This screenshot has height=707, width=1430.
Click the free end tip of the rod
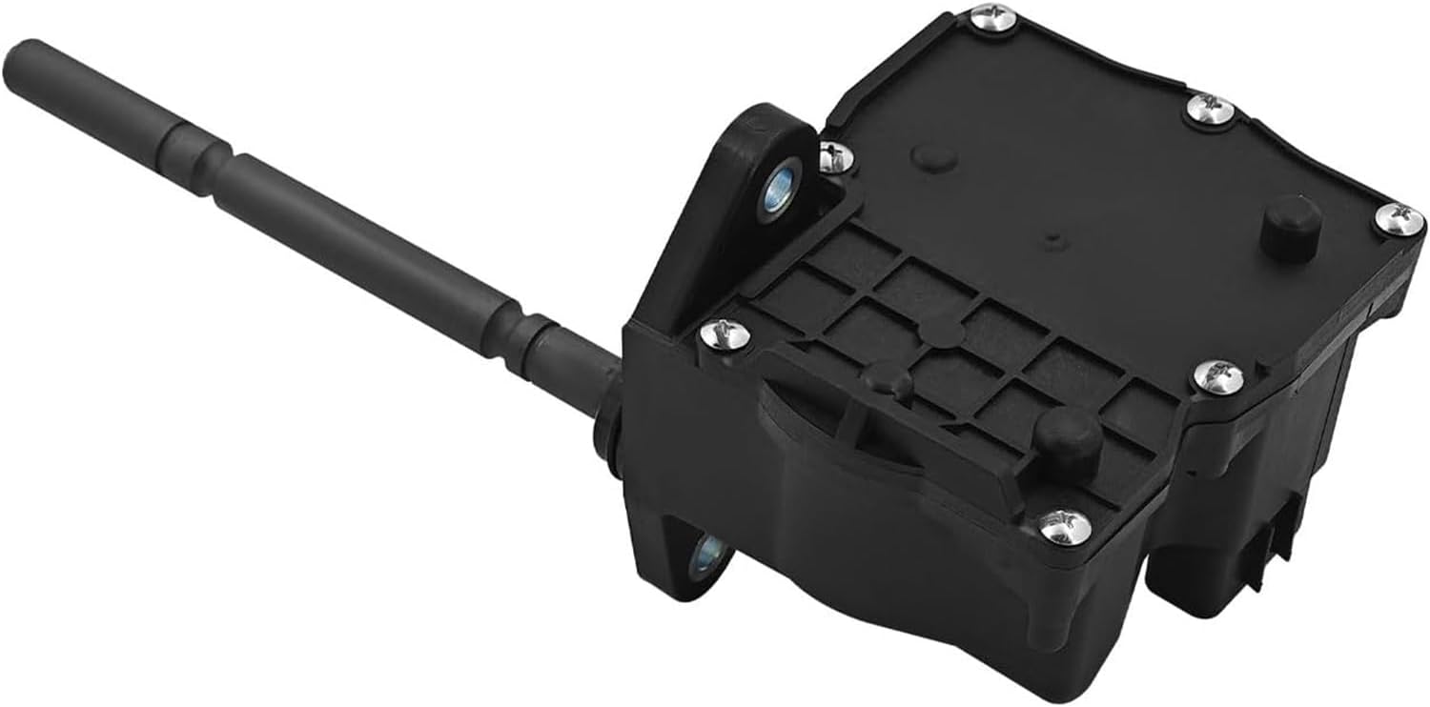(x=21, y=55)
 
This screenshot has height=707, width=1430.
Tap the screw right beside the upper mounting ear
(x=835, y=154)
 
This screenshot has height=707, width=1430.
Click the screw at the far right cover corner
(x=1399, y=220)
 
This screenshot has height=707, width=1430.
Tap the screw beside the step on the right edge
(x=1219, y=376)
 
